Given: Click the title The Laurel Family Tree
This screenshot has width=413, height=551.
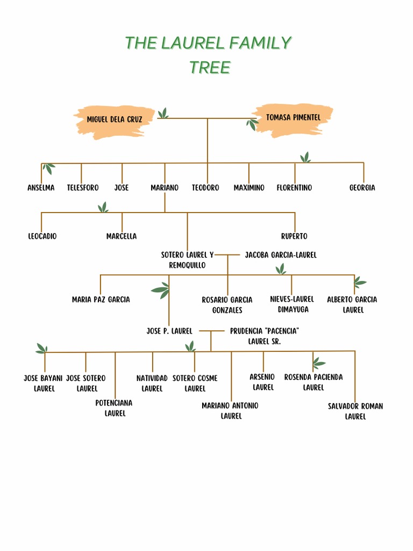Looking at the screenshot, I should (x=208, y=54).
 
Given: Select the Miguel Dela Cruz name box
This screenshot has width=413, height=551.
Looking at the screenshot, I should (x=115, y=119).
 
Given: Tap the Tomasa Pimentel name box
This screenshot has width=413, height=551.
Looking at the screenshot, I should (x=293, y=117).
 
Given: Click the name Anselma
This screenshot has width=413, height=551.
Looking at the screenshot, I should (x=41, y=188).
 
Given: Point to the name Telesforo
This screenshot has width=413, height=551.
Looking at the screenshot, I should (x=83, y=188).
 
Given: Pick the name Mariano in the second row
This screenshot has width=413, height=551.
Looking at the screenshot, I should (x=165, y=188).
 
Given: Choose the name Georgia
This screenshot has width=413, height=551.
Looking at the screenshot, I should (x=362, y=188).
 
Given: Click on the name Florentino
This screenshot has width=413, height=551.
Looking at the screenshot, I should (x=294, y=188).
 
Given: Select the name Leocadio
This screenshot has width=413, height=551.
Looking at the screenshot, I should (x=42, y=236).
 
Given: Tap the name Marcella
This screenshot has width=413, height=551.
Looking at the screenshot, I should (x=122, y=236).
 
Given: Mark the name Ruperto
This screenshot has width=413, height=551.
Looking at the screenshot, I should (x=294, y=236).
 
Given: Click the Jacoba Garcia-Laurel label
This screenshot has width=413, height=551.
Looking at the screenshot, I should (x=281, y=255).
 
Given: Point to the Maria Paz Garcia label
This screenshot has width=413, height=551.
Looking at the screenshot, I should (x=101, y=300).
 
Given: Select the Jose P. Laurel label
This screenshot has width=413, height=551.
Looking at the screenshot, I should (x=169, y=331).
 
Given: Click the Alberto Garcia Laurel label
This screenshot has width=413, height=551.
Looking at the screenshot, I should (x=352, y=305).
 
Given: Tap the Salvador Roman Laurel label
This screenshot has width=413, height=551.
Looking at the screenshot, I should (x=355, y=411).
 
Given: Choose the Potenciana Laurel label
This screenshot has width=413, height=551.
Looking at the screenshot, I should (x=114, y=408).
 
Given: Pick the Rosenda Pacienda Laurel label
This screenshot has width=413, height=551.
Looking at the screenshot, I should (x=314, y=382).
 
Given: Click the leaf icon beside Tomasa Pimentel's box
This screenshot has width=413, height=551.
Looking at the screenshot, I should (x=252, y=125).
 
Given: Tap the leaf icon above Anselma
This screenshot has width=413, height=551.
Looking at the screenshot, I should (x=49, y=169).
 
